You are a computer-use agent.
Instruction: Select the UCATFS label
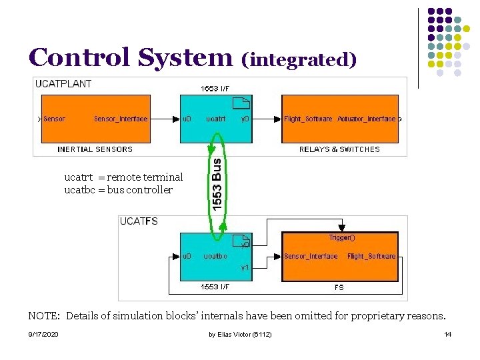(x=139, y=221)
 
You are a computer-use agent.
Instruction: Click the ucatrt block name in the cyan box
(x=215, y=119)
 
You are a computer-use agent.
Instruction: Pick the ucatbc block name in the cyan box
(x=215, y=256)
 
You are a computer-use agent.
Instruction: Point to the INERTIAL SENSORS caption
(x=95, y=149)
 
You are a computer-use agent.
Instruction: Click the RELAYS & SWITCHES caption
(x=339, y=149)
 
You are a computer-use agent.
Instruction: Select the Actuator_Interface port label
(x=367, y=119)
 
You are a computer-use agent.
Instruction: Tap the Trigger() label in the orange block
(x=342, y=237)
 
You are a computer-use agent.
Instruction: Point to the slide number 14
(x=447, y=334)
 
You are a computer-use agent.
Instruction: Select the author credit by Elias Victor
(x=240, y=334)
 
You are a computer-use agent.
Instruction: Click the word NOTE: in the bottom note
(x=45, y=315)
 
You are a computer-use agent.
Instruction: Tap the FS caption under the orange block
(x=339, y=287)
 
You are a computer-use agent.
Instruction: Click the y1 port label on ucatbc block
(x=245, y=267)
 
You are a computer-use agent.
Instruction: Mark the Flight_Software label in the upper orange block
(x=308, y=119)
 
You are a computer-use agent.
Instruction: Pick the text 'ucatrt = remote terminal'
(x=123, y=177)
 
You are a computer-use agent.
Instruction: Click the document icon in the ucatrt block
(x=242, y=103)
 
